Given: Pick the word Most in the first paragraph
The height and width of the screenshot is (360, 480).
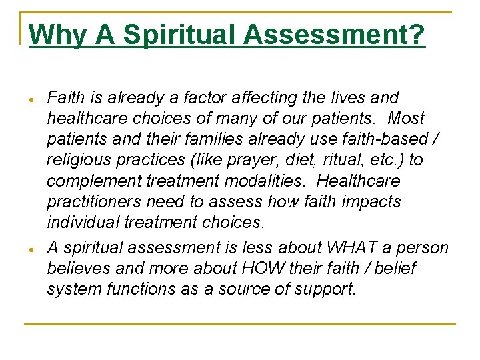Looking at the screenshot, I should click(405, 118).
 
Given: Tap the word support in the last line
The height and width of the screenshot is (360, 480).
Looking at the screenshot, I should click(327, 290).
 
